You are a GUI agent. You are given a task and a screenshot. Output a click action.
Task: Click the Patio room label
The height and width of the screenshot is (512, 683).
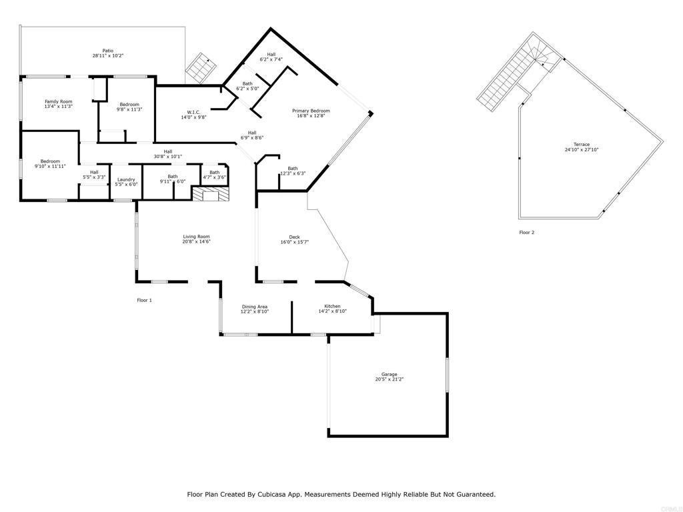pos(107,51)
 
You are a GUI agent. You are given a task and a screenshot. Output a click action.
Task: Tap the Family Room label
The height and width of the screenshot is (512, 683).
pos(59,101)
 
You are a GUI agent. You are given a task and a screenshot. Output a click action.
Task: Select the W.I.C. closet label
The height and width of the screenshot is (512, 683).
pos(193,112)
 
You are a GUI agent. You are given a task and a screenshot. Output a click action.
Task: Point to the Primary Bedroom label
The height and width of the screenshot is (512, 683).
pos(311,111)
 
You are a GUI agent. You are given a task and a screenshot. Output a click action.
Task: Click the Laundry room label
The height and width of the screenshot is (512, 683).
pos(126,179)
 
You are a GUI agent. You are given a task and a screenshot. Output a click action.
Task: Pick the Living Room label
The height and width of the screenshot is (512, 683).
pos(197,237)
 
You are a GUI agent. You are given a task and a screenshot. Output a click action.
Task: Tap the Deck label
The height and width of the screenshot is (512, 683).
pos(294,237)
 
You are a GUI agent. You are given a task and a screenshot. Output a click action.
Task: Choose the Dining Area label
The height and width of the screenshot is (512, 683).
pos(254,307)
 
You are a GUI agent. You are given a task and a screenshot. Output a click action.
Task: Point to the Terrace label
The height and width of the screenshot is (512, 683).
pos(582,145)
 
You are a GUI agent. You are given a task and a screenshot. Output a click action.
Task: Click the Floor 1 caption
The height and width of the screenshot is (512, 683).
pos(145,300)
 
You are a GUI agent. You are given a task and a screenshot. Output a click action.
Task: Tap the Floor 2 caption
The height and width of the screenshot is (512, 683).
pos(527,232)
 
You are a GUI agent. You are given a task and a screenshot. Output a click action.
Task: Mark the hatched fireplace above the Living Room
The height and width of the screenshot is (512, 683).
pos(210,194)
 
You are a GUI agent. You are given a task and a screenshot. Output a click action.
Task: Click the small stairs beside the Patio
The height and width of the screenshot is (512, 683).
pos(201,68)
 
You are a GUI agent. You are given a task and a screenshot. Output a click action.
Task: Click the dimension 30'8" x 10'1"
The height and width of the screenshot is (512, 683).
pos(167,156)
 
